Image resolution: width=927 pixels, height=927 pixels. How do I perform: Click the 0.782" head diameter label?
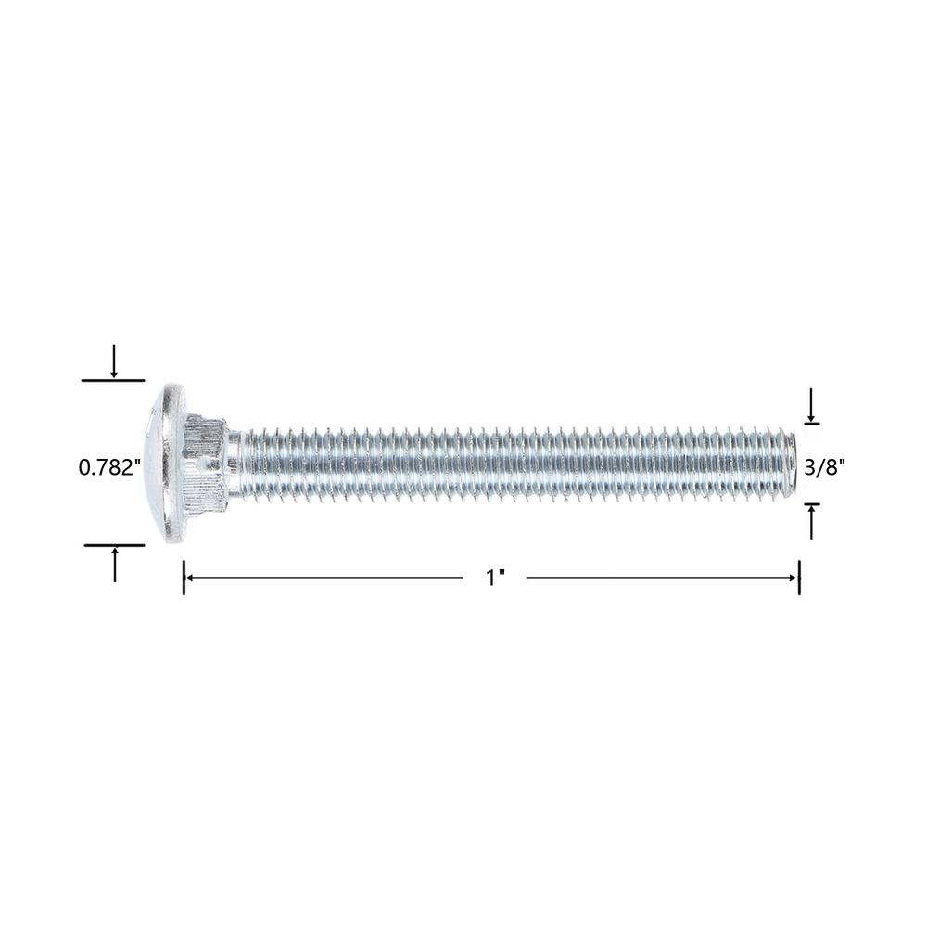109,467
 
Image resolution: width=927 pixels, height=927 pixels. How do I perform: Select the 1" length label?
495,578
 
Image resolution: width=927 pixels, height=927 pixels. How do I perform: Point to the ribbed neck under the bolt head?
205,463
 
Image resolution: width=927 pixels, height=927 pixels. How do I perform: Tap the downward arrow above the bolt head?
114,362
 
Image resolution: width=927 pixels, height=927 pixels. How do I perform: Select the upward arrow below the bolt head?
115,565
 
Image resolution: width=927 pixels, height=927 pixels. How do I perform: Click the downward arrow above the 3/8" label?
811,405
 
